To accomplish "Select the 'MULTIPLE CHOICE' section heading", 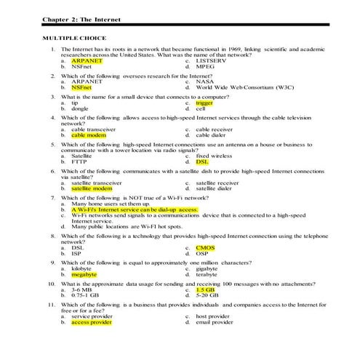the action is click(x=74, y=37).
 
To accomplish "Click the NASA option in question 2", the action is click(x=207, y=81).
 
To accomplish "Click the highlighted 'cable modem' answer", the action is click(x=89, y=135).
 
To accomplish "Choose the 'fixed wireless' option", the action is click(x=215, y=156).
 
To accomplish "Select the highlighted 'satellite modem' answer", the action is click(x=92, y=188).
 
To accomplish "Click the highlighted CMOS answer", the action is click(x=206, y=248).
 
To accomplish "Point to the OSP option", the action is click(x=204, y=254).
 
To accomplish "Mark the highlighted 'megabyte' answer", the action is click(x=84, y=275).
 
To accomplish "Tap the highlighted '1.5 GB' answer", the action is click(x=206, y=289).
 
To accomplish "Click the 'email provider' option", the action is click(x=215, y=322).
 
